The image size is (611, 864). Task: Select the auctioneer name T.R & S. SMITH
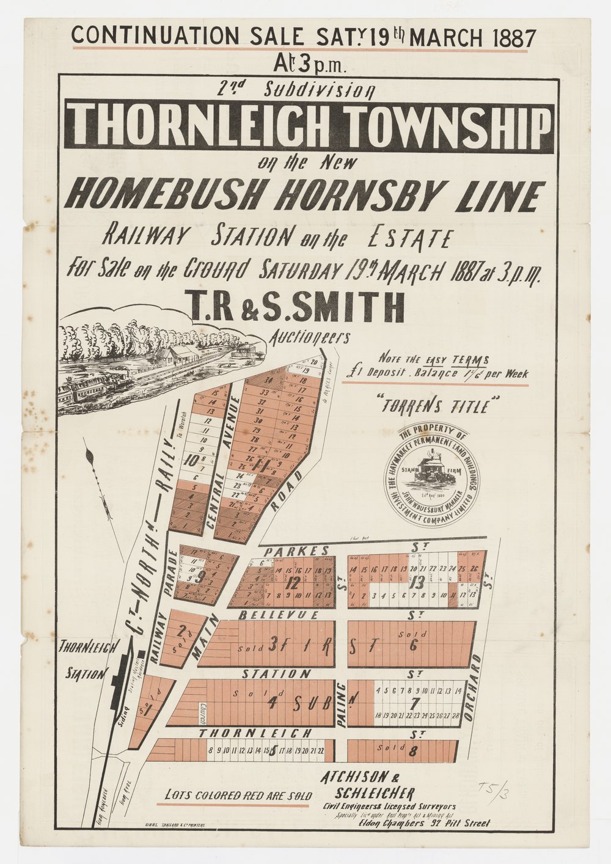point(298,308)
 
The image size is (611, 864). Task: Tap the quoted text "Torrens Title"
point(440,405)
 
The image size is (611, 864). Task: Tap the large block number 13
point(417,582)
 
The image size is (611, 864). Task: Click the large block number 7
point(415,703)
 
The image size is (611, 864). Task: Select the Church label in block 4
point(199,712)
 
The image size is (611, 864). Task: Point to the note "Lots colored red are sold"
point(238,796)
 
